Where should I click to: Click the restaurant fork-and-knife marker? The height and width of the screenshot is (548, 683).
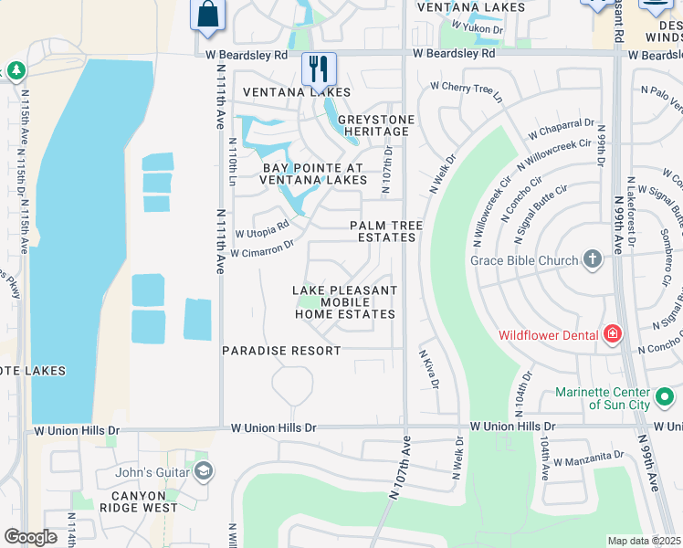tap(319, 68)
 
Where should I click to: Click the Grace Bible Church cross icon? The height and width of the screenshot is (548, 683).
tap(593, 260)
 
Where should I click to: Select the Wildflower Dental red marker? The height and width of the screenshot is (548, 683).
tap(612, 335)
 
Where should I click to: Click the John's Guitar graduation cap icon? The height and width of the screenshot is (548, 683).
tap(204, 471)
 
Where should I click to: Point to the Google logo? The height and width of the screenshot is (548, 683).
tap(30, 537)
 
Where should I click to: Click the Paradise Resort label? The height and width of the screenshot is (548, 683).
tap(281, 351)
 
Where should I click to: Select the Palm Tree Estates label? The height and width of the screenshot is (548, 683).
tap(383, 231)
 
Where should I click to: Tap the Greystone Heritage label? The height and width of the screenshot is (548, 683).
tap(376, 126)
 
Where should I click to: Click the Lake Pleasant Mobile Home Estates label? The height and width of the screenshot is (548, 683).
tap(344, 302)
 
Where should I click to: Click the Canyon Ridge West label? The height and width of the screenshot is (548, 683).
tap(144, 501)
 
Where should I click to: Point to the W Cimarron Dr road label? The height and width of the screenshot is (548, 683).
tap(262, 248)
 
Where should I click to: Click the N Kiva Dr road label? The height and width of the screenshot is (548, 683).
tap(428, 368)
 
